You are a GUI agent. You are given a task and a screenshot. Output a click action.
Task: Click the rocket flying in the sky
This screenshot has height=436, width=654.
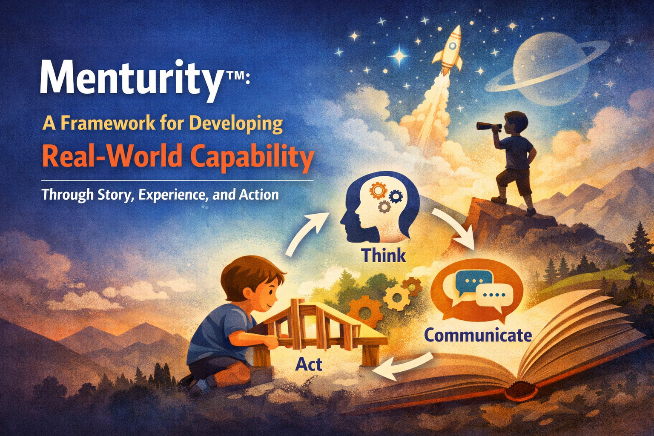[x=449, y=50]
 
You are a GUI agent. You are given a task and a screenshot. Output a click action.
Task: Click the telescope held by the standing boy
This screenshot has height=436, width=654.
[x=489, y=126]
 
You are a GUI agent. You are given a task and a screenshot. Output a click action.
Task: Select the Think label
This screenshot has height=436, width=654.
[x=383, y=255]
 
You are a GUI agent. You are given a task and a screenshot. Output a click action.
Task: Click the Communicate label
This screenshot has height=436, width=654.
[x=478, y=335]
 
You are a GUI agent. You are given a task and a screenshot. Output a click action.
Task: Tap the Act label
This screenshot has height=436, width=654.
[x=309, y=364]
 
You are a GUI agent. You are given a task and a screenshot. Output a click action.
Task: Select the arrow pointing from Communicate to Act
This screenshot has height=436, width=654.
[x=404, y=367]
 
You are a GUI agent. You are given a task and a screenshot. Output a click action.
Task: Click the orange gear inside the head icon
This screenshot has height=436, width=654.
[x=377, y=190]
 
